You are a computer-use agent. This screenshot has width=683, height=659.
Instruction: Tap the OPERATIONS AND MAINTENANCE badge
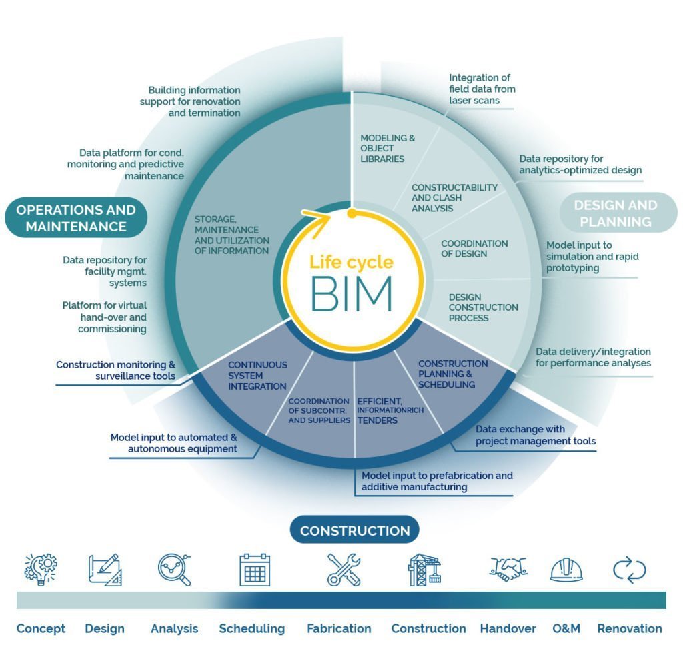pos(76,218)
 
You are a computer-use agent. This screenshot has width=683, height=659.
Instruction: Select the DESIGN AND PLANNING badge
pos(615,213)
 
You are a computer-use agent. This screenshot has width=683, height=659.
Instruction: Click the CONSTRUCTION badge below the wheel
pos(354,531)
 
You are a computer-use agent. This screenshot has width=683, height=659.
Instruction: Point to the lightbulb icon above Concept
pos(40,569)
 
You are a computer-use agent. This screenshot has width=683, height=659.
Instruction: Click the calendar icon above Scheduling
pos(255,570)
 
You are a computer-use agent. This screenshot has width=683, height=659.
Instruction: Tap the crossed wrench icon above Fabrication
pos(344,570)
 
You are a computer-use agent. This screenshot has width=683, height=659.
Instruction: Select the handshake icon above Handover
pos(508,569)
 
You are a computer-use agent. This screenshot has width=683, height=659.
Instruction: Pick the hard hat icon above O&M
pos(566,570)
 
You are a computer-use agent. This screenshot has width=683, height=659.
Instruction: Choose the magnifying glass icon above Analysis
pos(175,570)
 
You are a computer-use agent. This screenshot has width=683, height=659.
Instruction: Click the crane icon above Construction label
pos(425,570)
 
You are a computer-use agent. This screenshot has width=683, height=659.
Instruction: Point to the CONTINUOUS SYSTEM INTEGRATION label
pos(257,376)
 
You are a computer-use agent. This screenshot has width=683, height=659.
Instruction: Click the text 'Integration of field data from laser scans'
pos(482,89)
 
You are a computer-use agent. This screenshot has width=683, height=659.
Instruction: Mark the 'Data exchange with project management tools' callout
pos(535,435)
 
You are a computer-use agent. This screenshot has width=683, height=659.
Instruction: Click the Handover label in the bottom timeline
pos(508,628)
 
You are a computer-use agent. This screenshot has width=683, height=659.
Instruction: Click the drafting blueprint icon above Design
pos(105,570)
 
